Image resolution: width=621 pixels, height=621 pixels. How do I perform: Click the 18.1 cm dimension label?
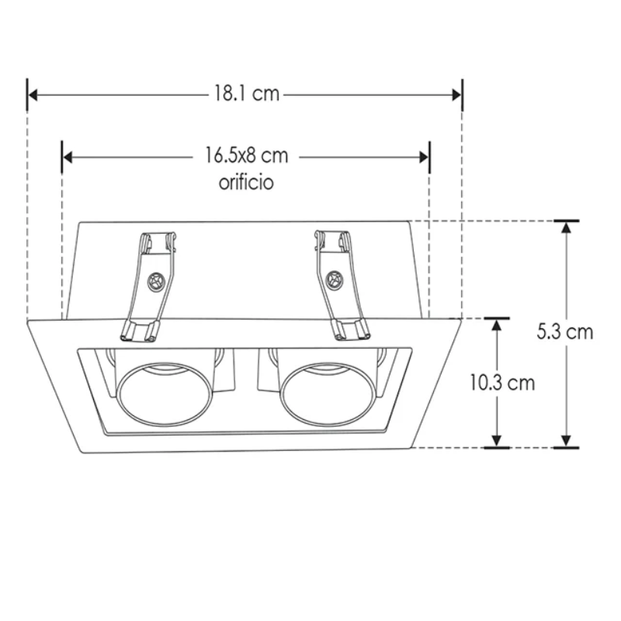click(x=246, y=95)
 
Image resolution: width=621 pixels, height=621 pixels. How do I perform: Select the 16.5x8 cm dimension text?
click(x=246, y=156)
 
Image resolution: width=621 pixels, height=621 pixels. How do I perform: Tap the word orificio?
click(x=246, y=183)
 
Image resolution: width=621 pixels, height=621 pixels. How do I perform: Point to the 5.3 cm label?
click(x=565, y=332)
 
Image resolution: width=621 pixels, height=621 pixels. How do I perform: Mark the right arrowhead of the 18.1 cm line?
click(x=457, y=95)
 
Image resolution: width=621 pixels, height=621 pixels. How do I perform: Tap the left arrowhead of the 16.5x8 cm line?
click(x=68, y=157)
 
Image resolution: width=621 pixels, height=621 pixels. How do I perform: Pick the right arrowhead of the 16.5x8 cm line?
click(x=424, y=157)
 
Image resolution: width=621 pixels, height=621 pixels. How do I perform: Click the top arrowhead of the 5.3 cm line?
click(x=566, y=227)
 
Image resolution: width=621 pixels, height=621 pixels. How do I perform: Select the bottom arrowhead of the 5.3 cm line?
click(x=566, y=442)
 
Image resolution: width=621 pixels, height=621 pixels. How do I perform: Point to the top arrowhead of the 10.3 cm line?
click(x=497, y=324)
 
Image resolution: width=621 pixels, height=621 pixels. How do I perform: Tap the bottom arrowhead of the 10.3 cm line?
click(x=497, y=442)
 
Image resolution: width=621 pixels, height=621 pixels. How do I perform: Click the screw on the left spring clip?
click(x=156, y=281)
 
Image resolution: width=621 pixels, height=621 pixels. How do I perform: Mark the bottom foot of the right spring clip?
click(x=351, y=331)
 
